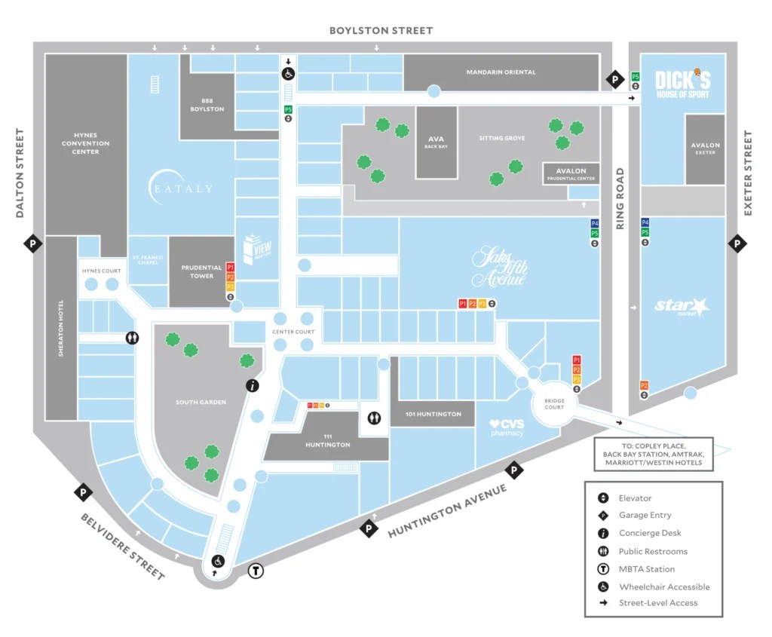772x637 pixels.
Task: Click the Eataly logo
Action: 181,188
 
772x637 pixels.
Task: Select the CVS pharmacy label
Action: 507,428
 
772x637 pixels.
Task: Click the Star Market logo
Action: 682,307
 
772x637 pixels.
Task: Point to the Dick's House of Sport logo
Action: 683,84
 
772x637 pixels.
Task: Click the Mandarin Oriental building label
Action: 501,72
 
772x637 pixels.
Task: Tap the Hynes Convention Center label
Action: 86,143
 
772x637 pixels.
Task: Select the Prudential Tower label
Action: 201,271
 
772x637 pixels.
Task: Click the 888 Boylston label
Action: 207,105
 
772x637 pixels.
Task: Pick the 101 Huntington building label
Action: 433,414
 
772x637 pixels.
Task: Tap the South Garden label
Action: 201,403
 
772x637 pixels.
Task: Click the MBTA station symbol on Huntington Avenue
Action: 256,571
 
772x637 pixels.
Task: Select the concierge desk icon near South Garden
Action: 253,385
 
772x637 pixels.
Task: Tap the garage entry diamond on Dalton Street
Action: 32,243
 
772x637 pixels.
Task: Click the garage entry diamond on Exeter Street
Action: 737,243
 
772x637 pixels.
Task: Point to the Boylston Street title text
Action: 381,31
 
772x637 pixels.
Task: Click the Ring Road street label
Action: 620,198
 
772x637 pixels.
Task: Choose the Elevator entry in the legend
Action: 635,498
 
